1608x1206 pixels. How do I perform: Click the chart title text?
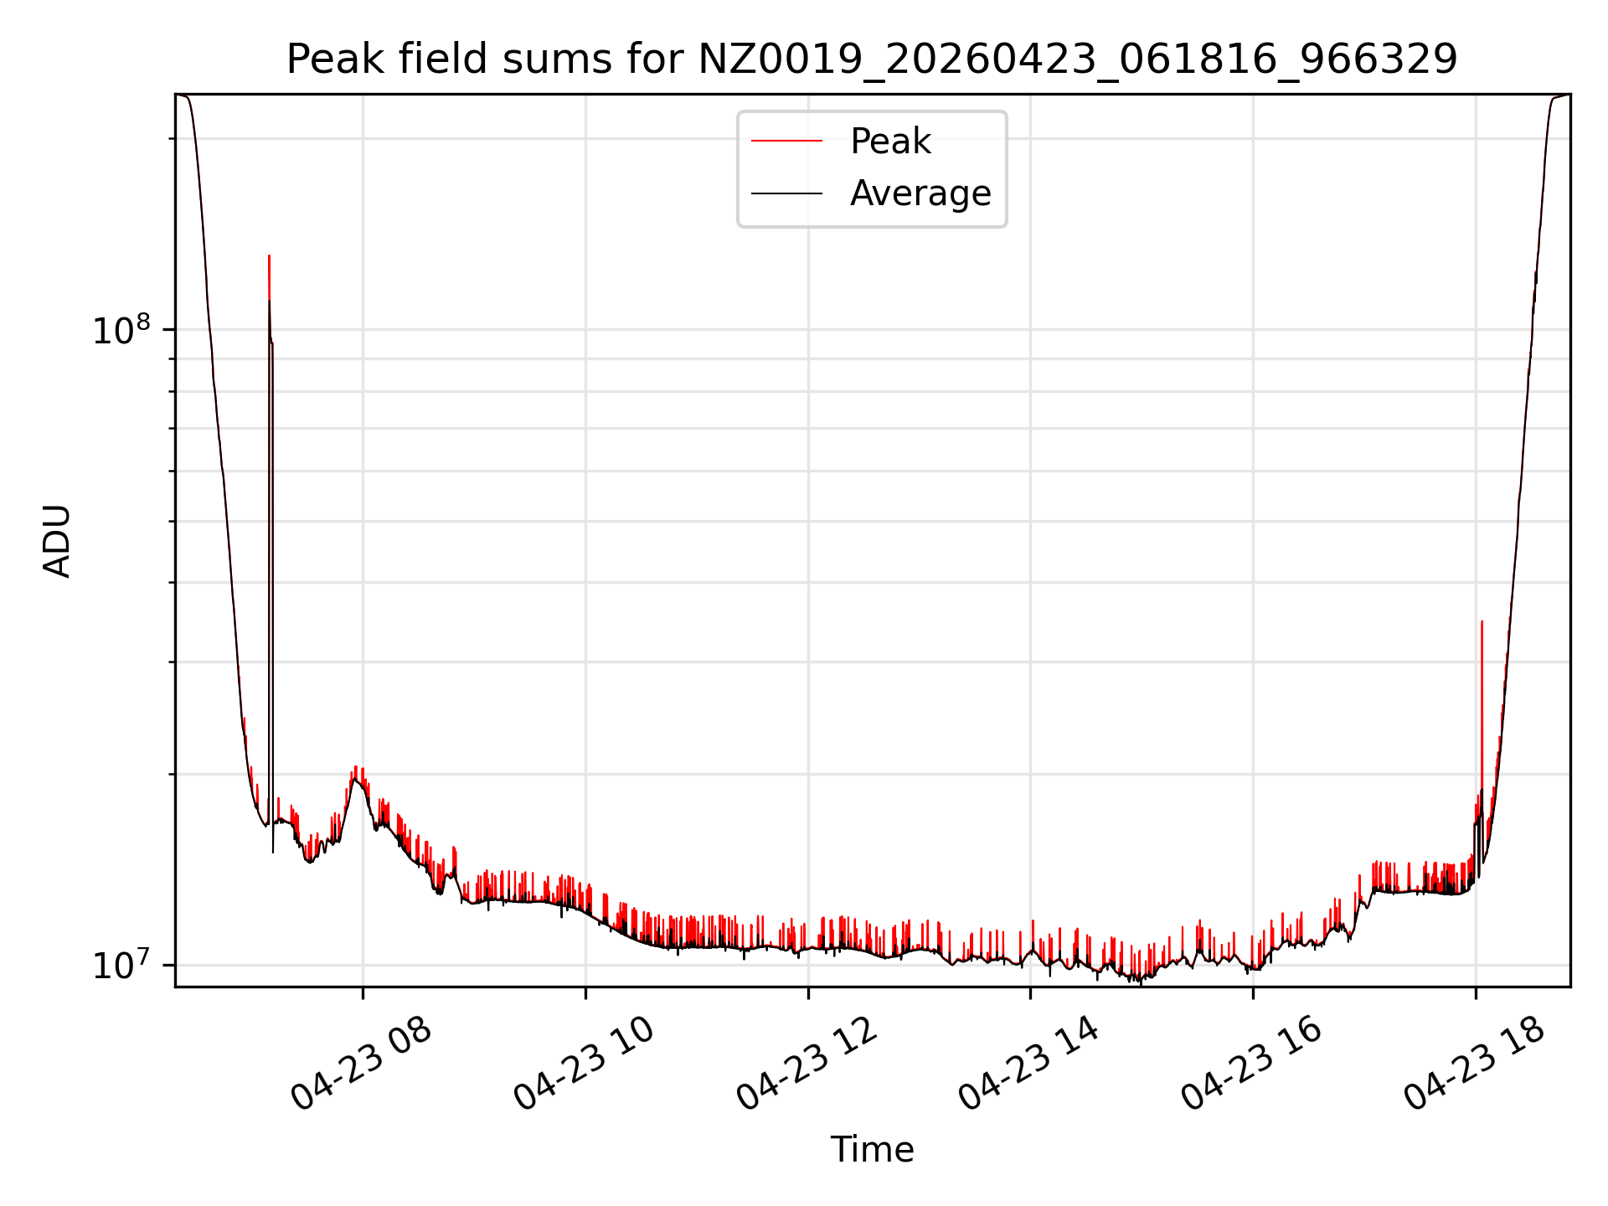tap(872, 59)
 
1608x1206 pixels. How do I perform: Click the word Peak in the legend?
tap(890, 142)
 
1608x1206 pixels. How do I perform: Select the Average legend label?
tap(920, 193)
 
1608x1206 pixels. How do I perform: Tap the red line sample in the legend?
tap(786, 142)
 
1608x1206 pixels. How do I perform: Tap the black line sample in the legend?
tap(786, 193)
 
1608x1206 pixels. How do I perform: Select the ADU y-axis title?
tap(57, 541)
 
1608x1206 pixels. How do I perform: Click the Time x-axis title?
tap(872, 1150)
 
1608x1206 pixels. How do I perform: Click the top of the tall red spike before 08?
tap(269, 256)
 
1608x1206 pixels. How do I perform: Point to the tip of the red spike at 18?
tap(1482, 621)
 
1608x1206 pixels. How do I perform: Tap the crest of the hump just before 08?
tap(356, 769)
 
